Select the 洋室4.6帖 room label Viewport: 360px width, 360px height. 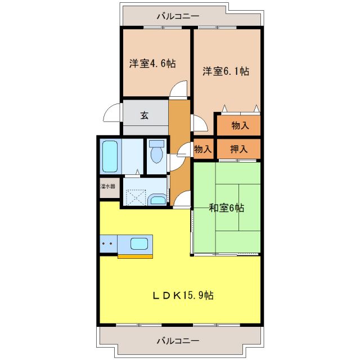[x=152, y=64]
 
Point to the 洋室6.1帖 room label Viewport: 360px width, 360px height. [x=226, y=71]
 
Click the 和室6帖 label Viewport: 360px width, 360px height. [x=227, y=208]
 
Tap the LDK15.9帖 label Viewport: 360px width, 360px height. [x=184, y=295]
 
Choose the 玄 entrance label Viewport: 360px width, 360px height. [x=145, y=116]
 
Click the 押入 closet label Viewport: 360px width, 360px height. [x=239, y=149]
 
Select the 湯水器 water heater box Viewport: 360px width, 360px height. [x=108, y=186]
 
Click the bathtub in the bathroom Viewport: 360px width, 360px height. [x=110, y=156]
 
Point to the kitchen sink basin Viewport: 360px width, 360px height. [x=139, y=244]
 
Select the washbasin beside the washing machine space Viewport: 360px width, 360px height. [x=158, y=199]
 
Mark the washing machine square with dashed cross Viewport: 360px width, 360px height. [x=136, y=197]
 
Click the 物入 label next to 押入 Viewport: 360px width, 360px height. [x=203, y=149]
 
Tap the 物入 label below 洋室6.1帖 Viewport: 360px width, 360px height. [x=239, y=125]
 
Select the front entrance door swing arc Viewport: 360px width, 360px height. [x=112, y=112]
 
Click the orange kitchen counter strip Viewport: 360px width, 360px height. [x=135, y=256]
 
